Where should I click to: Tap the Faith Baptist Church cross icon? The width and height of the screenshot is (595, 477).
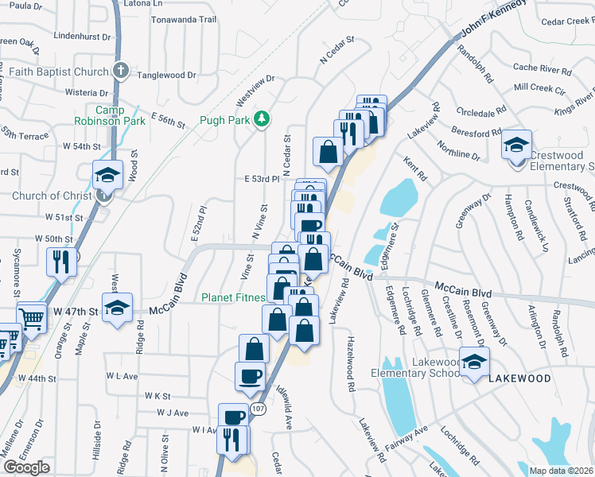point(120,72)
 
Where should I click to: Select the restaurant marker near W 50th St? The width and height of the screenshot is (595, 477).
point(62,262)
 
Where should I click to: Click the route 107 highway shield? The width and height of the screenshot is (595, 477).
point(256,408)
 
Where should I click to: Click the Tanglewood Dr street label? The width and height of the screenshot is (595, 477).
point(166,76)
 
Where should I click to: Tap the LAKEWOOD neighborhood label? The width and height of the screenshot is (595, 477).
point(519,378)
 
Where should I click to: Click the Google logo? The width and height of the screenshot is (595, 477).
point(26,467)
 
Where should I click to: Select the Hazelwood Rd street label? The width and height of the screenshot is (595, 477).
point(348,363)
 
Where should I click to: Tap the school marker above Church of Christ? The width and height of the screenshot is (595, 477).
point(107,176)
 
